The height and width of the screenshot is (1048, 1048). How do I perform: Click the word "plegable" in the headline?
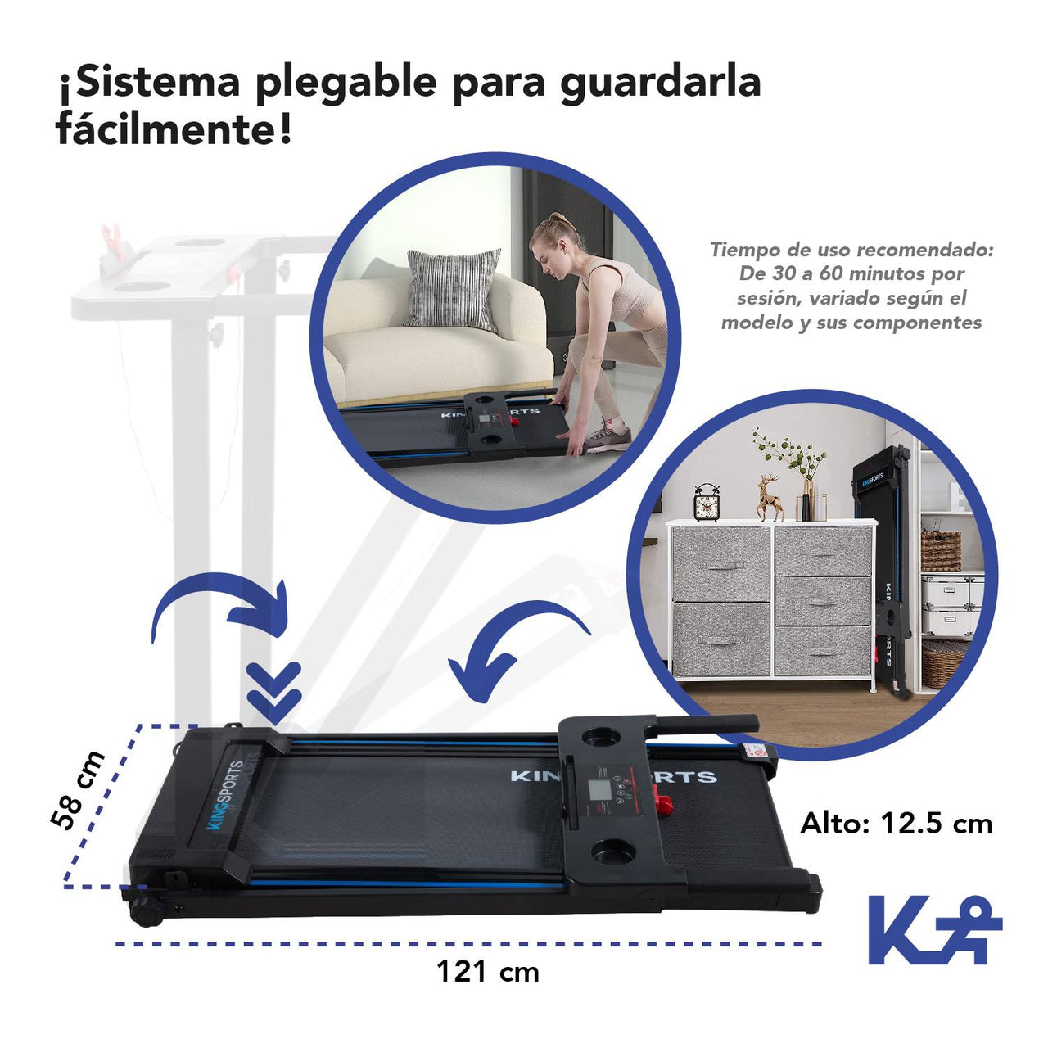[x=346, y=84]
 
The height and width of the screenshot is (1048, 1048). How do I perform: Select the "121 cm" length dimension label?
[x=488, y=971]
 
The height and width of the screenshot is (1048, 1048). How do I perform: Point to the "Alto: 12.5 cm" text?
[x=896, y=824]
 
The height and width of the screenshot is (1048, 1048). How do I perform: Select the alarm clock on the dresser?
[x=707, y=501]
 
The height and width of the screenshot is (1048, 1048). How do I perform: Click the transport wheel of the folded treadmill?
[x=147, y=912]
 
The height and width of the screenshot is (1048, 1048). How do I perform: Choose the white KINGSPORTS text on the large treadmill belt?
[x=613, y=776]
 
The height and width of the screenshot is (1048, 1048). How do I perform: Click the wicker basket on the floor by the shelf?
[x=942, y=663]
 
